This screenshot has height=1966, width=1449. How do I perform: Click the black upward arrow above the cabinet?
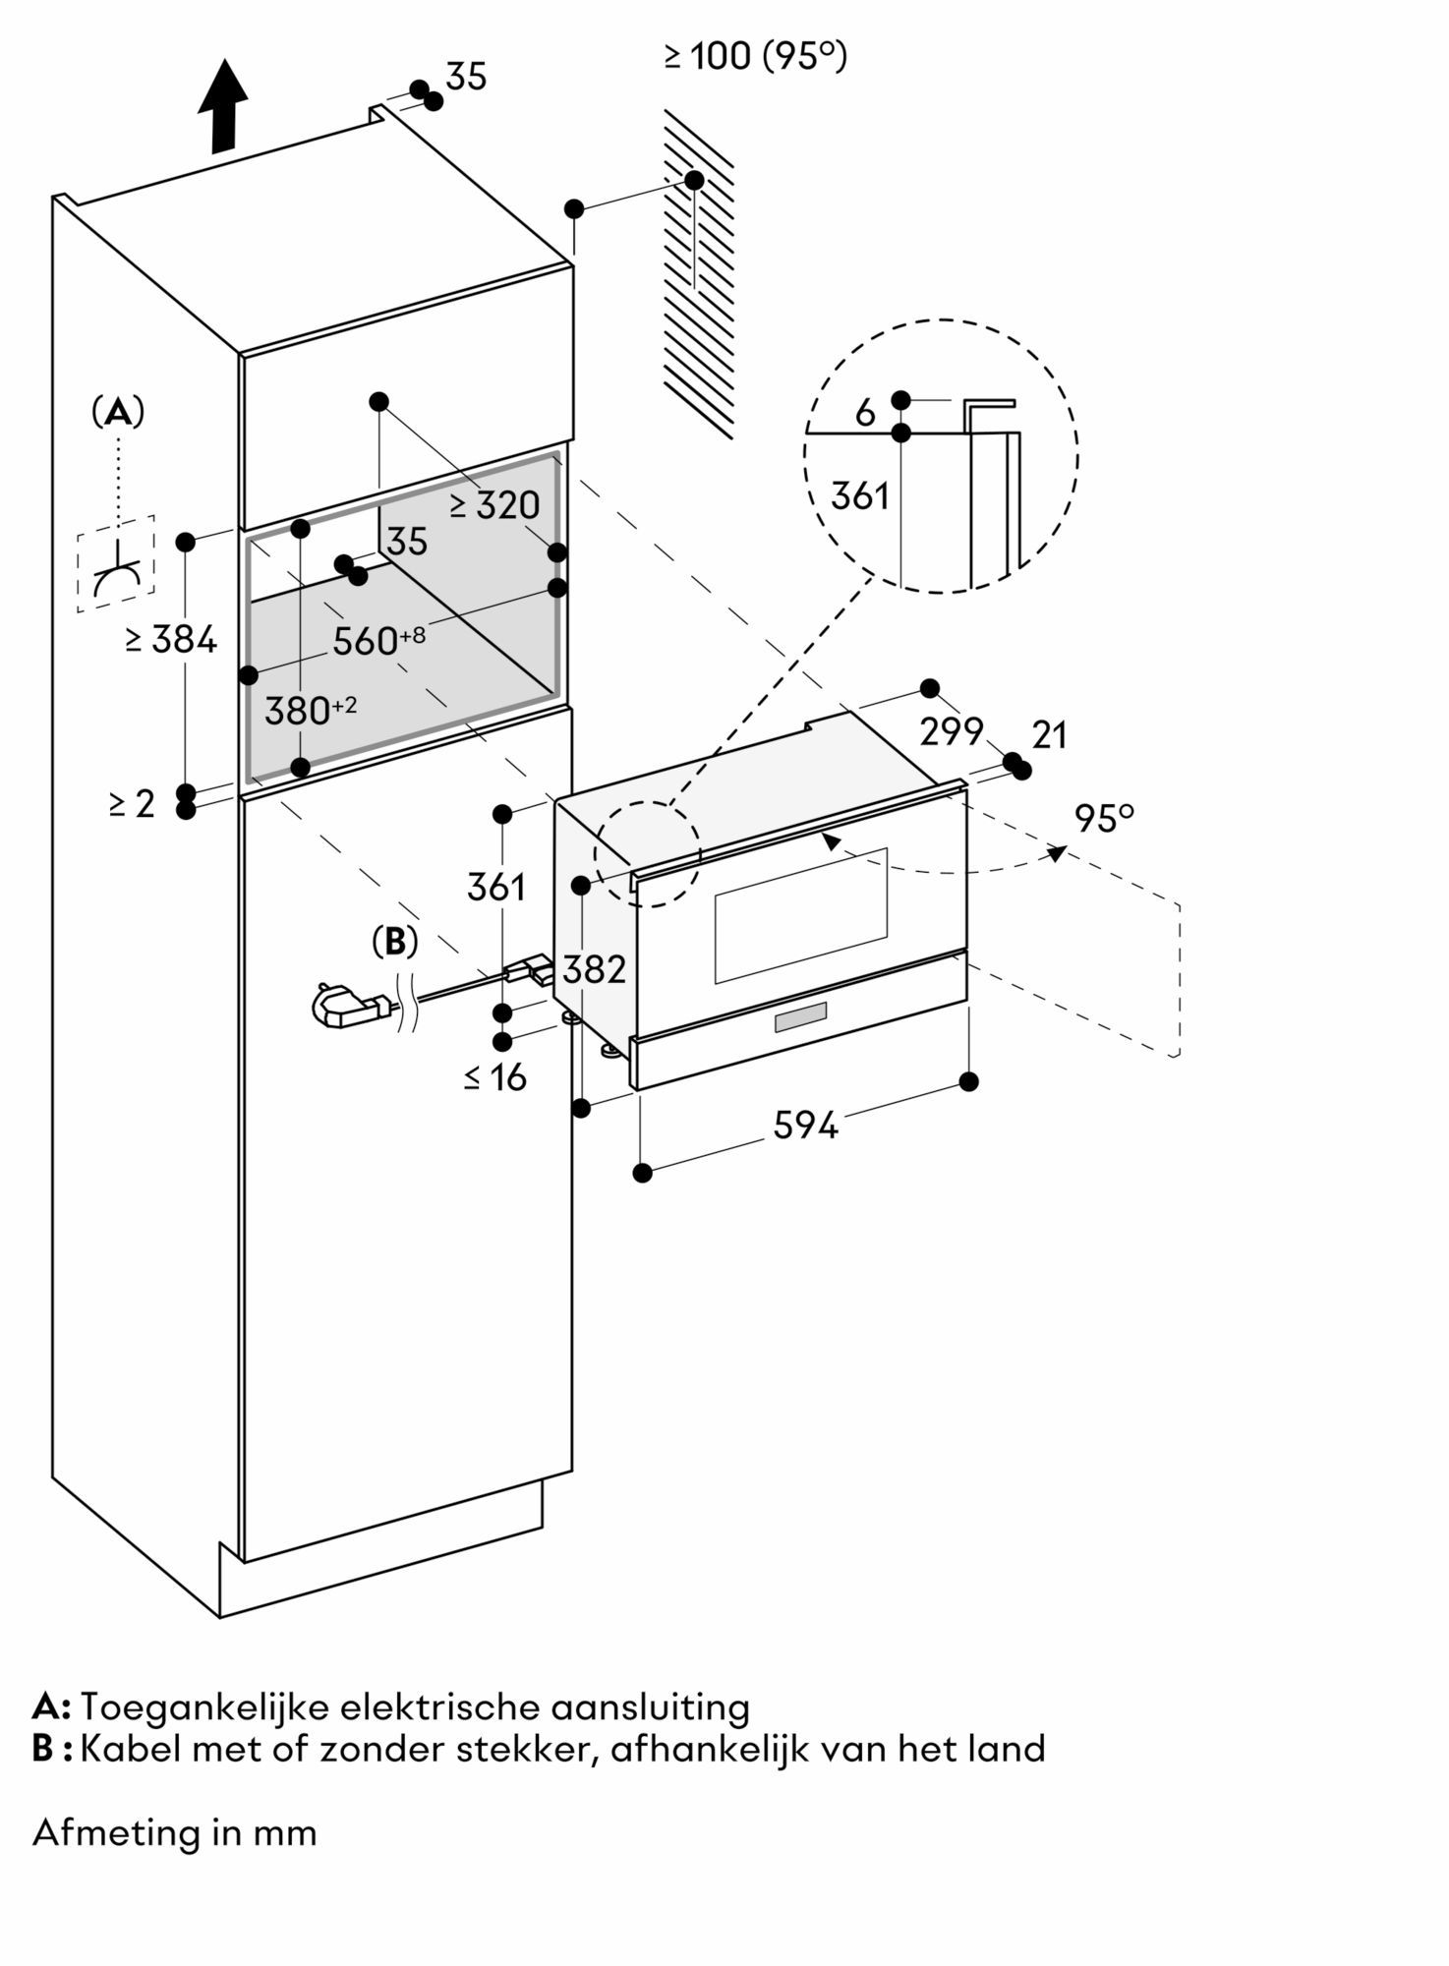(222, 105)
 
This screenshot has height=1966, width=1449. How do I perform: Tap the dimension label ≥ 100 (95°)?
(755, 56)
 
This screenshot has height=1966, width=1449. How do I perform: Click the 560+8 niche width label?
(378, 641)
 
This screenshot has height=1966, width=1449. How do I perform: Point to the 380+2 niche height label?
(311, 710)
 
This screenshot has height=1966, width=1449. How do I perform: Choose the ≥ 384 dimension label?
(171, 640)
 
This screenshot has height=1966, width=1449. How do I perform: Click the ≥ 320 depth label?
(495, 505)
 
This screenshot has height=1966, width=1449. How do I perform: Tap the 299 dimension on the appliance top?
(951, 730)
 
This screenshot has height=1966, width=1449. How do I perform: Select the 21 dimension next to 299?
(1049, 734)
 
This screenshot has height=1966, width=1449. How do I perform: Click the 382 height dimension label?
(595, 969)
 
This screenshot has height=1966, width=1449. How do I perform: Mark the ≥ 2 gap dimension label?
(133, 804)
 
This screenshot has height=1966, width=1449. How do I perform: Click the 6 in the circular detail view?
(865, 414)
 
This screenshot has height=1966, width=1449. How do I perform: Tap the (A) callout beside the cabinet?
(118, 412)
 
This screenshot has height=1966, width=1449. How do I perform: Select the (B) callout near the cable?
(395, 942)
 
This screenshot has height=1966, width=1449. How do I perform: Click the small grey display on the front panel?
(800, 1018)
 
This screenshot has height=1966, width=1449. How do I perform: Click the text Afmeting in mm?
(175, 1832)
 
